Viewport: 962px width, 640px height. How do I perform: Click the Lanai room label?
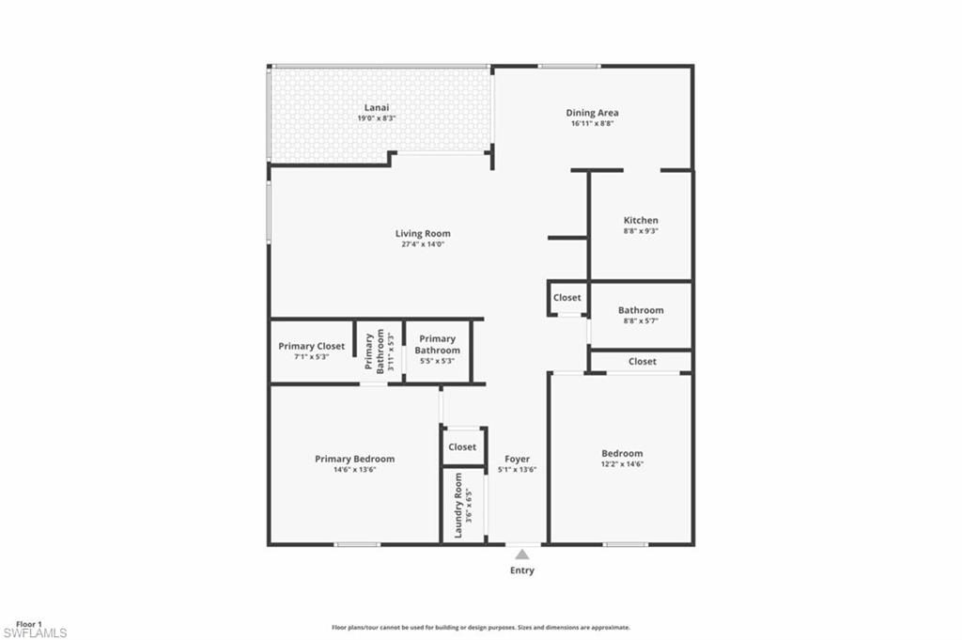[377, 108]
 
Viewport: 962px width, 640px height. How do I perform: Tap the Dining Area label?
[592, 113]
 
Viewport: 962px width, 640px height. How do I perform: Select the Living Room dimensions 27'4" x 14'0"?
[422, 244]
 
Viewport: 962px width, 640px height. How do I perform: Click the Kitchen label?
[641, 220]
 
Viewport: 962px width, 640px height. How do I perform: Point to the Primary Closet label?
[311, 346]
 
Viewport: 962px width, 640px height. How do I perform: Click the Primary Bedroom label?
[354, 459]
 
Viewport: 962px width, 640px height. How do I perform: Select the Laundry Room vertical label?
[458, 506]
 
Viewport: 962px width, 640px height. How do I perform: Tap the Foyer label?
[517, 459]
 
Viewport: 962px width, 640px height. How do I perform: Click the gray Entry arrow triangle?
[521, 554]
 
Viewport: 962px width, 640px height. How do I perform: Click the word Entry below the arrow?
[521, 570]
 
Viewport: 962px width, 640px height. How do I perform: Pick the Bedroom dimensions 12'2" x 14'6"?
[622, 463]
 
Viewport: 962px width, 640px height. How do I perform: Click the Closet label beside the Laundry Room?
[462, 447]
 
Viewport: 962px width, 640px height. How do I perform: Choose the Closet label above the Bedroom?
[643, 361]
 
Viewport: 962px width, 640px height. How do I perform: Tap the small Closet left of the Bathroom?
[567, 297]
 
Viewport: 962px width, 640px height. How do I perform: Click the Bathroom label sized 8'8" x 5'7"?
[641, 310]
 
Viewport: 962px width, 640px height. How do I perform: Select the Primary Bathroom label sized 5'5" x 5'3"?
[438, 344]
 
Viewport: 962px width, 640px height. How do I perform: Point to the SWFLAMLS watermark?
[35, 633]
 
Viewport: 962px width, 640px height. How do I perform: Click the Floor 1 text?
[29, 623]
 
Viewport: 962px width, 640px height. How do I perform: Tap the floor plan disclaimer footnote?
[480, 627]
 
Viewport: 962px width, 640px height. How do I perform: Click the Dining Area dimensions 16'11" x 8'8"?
[592, 123]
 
